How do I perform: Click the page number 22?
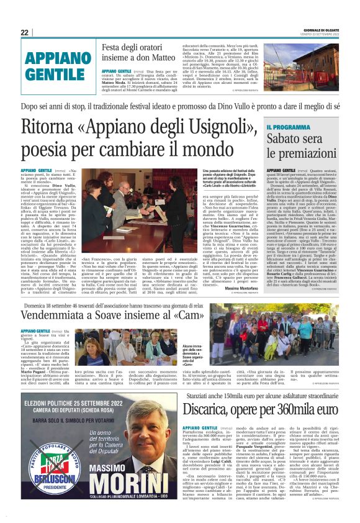[x=25, y=32]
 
